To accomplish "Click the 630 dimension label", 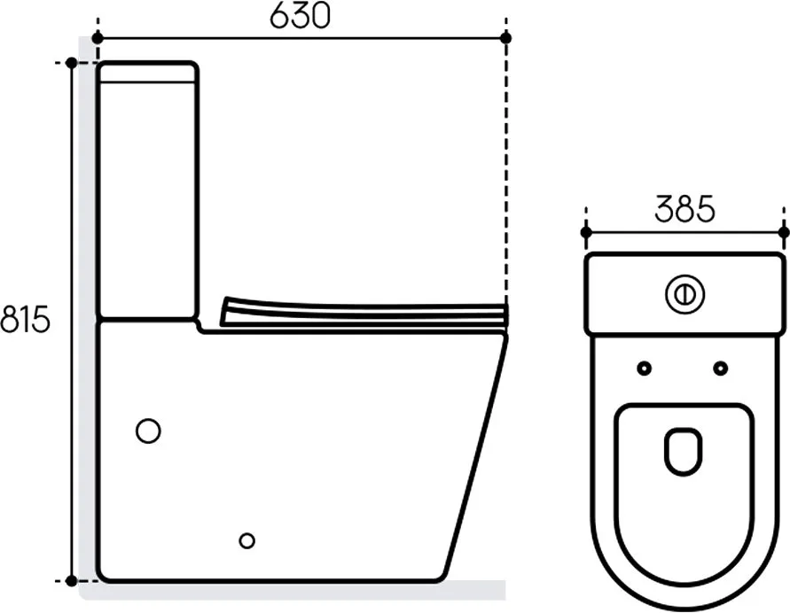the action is pos(300,16).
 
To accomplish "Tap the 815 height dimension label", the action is pos(25,319).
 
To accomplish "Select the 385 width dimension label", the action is pos(684,209).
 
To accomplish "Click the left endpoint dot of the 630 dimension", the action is pos(98,38).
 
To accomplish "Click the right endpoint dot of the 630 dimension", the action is pos(506,38).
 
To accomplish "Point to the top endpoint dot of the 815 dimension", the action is pos(72,63).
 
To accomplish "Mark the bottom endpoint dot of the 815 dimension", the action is pos(72,581).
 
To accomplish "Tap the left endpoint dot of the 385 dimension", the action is pos(586,232).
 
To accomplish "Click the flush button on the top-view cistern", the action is pos(684,295).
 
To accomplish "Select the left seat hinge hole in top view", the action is pos(644,369).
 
